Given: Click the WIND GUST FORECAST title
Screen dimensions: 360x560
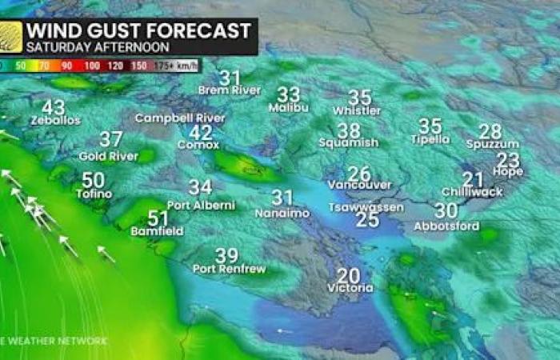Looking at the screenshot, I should (138, 31).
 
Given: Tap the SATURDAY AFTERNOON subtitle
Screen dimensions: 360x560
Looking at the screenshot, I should (80, 47).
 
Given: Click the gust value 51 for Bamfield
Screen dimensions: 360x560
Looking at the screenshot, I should (158, 218).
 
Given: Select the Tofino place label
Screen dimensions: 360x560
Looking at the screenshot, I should (94, 194).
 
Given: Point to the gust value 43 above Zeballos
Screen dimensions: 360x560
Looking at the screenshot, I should (54, 107).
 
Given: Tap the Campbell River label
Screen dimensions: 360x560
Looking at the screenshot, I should (180, 118).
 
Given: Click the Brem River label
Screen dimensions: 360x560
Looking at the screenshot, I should (230, 90).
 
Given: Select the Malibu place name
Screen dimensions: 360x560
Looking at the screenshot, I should (289, 107).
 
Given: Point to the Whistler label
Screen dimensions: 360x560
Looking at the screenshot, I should (357, 110).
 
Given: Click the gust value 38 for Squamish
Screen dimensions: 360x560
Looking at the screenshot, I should (348, 130).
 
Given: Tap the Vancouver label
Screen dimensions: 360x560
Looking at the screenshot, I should (359, 185).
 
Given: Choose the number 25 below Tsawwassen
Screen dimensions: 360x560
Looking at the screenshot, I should (367, 219).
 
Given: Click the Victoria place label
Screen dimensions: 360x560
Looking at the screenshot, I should (350, 287).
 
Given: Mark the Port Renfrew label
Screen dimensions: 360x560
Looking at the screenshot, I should (229, 269).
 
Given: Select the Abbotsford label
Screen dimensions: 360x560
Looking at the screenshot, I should (446, 226).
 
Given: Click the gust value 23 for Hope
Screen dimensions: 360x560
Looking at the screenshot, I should (508, 160).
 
